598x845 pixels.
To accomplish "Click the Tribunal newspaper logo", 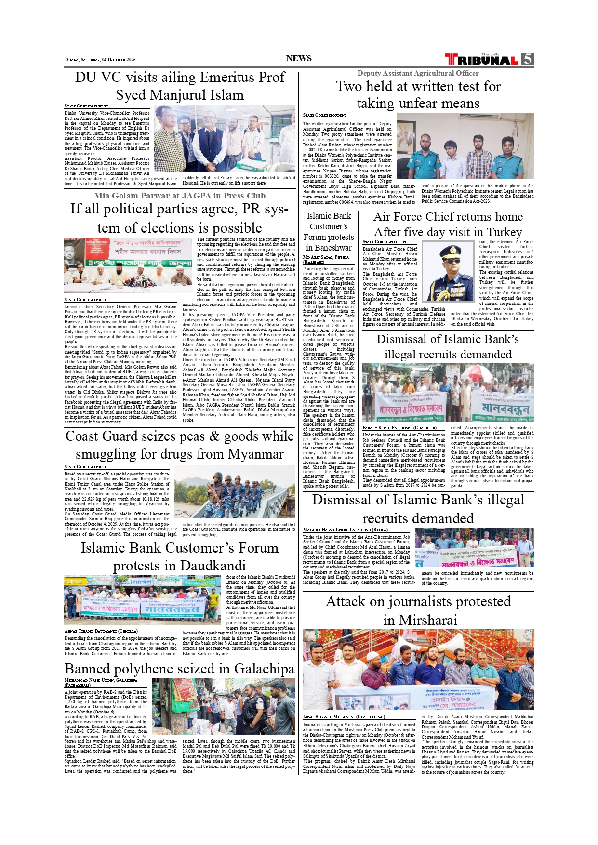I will click(481, 60).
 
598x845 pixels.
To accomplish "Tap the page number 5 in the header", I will click(528, 59).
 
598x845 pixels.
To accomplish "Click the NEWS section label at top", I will click(299, 58).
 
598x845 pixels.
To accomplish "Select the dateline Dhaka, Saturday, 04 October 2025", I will click(100, 60).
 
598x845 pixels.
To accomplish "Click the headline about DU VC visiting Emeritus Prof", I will click(180, 86).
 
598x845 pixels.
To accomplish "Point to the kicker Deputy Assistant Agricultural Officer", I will click(418, 73).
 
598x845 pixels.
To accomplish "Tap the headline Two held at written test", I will click(418, 94).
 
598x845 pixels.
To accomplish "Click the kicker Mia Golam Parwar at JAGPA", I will click(179, 196).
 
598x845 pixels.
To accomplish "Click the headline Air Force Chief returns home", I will click(448, 224).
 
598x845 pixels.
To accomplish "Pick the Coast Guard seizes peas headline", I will click(179, 445).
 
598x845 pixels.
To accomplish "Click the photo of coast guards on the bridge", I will click(235, 491).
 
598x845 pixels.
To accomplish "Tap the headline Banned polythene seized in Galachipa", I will click(179, 669).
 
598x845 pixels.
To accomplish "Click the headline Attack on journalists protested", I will click(418, 610).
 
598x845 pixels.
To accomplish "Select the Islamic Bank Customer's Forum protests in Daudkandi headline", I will click(179, 556).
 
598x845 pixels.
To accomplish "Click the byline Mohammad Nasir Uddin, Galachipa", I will click(101, 682).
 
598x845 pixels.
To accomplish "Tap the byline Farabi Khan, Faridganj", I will click(399, 428).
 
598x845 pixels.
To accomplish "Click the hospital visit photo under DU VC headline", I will click(225, 139).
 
